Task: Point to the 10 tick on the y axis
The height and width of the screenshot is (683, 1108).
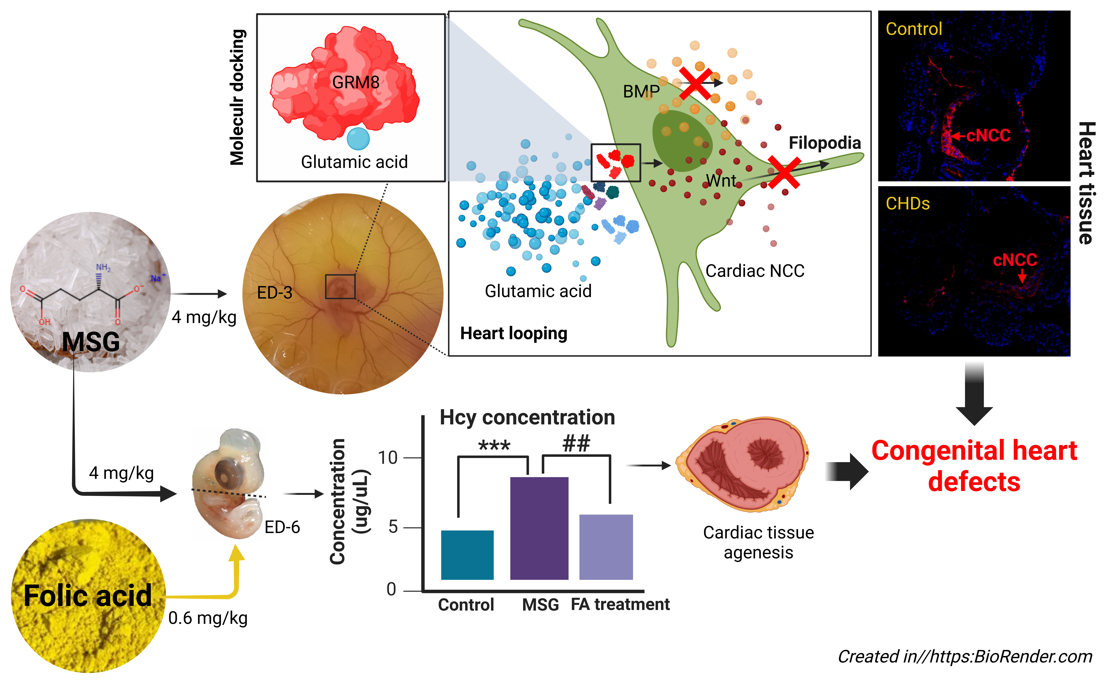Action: pos(388,458)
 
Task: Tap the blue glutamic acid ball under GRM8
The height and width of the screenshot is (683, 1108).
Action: pos(358,139)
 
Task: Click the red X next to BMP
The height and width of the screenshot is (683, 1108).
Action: pos(696,83)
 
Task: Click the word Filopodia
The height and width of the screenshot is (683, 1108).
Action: pos(824,143)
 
